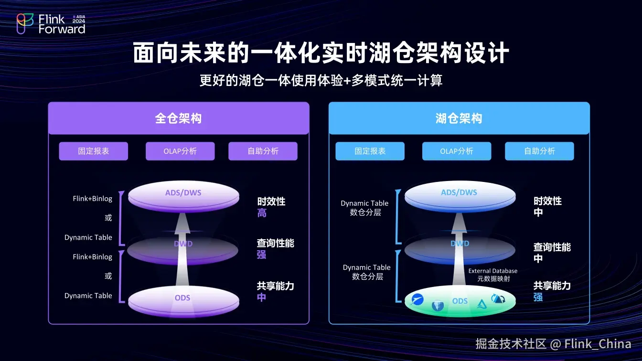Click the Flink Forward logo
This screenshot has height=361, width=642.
[51, 23]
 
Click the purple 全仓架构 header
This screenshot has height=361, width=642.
[178, 118]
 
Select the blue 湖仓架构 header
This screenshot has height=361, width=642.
[459, 118]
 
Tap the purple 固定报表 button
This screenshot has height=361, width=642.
[94, 151]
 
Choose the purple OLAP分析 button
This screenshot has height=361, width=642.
[180, 151]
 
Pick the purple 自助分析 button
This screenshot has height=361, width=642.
[263, 151]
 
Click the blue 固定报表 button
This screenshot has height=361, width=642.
[370, 151]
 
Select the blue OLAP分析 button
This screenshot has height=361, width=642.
[457, 151]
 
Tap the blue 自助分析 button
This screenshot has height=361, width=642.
[539, 151]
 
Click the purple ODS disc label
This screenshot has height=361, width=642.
[182, 297]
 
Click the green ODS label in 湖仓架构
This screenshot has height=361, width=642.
[460, 301]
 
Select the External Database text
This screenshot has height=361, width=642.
[492, 271]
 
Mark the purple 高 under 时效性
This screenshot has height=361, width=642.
[262, 213]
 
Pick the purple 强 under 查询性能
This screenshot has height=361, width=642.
[261, 255]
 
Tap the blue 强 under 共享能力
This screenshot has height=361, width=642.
[538, 297]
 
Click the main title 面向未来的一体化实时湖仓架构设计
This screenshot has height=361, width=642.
[321, 53]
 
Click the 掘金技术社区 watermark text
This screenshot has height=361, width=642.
[511, 344]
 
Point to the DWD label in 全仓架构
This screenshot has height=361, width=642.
[183, 244]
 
